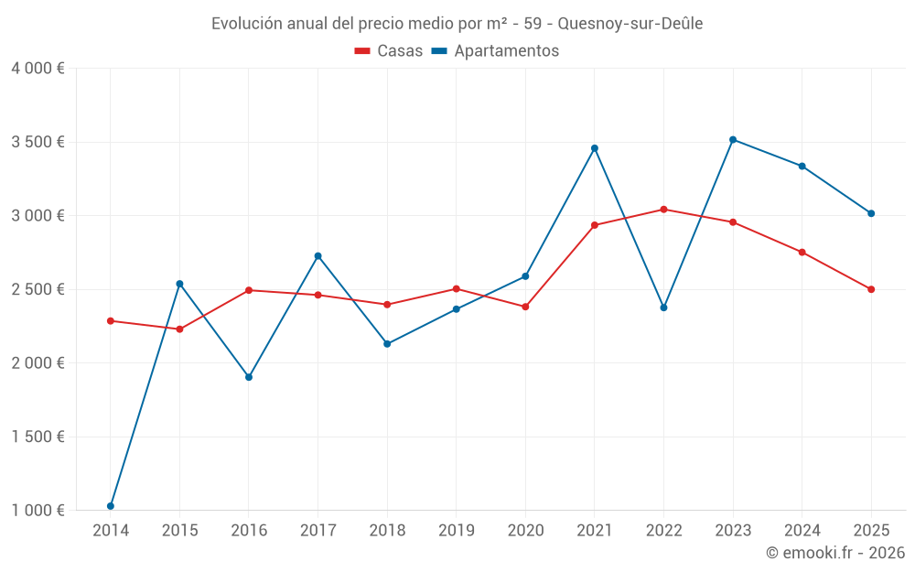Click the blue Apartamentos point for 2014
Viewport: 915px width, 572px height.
click(111, 506)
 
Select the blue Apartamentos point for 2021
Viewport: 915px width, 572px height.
click(595, 148)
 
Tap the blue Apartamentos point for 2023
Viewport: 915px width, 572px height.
click(733, 139)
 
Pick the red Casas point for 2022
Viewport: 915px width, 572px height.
click(664, 210)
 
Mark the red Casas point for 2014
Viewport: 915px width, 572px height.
click(111, 321)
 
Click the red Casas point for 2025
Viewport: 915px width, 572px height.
click(871, 289)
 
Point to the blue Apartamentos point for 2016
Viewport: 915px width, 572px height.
click(249, 377)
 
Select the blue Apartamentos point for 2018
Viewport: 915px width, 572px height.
click(387, 344)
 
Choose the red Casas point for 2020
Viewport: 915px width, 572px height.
click(525, 307)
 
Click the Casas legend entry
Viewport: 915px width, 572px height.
click(389, 51)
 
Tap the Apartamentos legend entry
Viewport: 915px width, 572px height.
click(495, 51)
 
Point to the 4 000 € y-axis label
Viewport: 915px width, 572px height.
click(38, 69)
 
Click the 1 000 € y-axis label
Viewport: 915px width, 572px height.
click(38, 511)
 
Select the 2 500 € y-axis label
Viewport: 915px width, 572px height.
click(38, 289)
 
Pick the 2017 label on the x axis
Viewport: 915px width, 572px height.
click(318, 530)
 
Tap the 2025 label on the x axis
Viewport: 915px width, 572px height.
click(871, 530)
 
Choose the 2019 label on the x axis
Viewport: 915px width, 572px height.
click(456, 530)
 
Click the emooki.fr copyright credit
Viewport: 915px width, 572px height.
click(834, 553)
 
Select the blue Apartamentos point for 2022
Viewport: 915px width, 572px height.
click(664, 308)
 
